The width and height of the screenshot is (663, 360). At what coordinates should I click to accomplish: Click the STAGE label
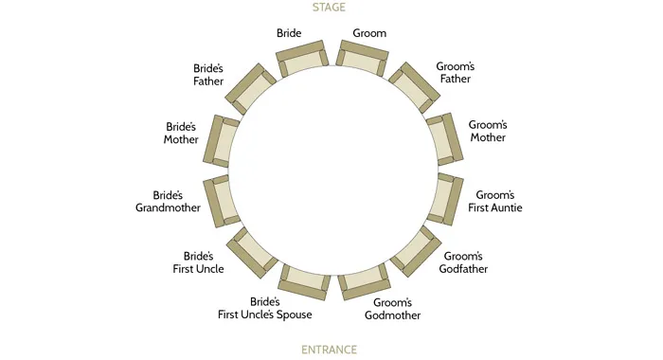[330, 8]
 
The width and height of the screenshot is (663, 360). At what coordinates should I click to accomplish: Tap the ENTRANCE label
[330, 350]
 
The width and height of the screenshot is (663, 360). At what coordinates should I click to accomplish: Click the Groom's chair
[360, 59]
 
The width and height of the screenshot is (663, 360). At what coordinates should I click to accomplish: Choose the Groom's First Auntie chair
[442, 198]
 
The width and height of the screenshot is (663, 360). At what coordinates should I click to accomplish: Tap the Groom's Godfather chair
[414, 249]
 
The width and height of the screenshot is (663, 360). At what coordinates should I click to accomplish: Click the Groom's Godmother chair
[364, 279]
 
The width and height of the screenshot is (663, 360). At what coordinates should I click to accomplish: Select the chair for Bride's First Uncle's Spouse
[304, 279]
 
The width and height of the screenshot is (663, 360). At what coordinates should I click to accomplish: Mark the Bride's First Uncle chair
[252, 250]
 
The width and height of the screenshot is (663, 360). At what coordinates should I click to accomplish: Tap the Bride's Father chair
[251, 88]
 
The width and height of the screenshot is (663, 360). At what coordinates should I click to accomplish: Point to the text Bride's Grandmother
[168, 201]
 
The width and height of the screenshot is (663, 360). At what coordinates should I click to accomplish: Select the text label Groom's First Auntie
[498, 201]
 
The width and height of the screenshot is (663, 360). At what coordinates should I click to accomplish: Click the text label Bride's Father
[207, 75]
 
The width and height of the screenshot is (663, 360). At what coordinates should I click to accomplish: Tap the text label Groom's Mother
[487, 131]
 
